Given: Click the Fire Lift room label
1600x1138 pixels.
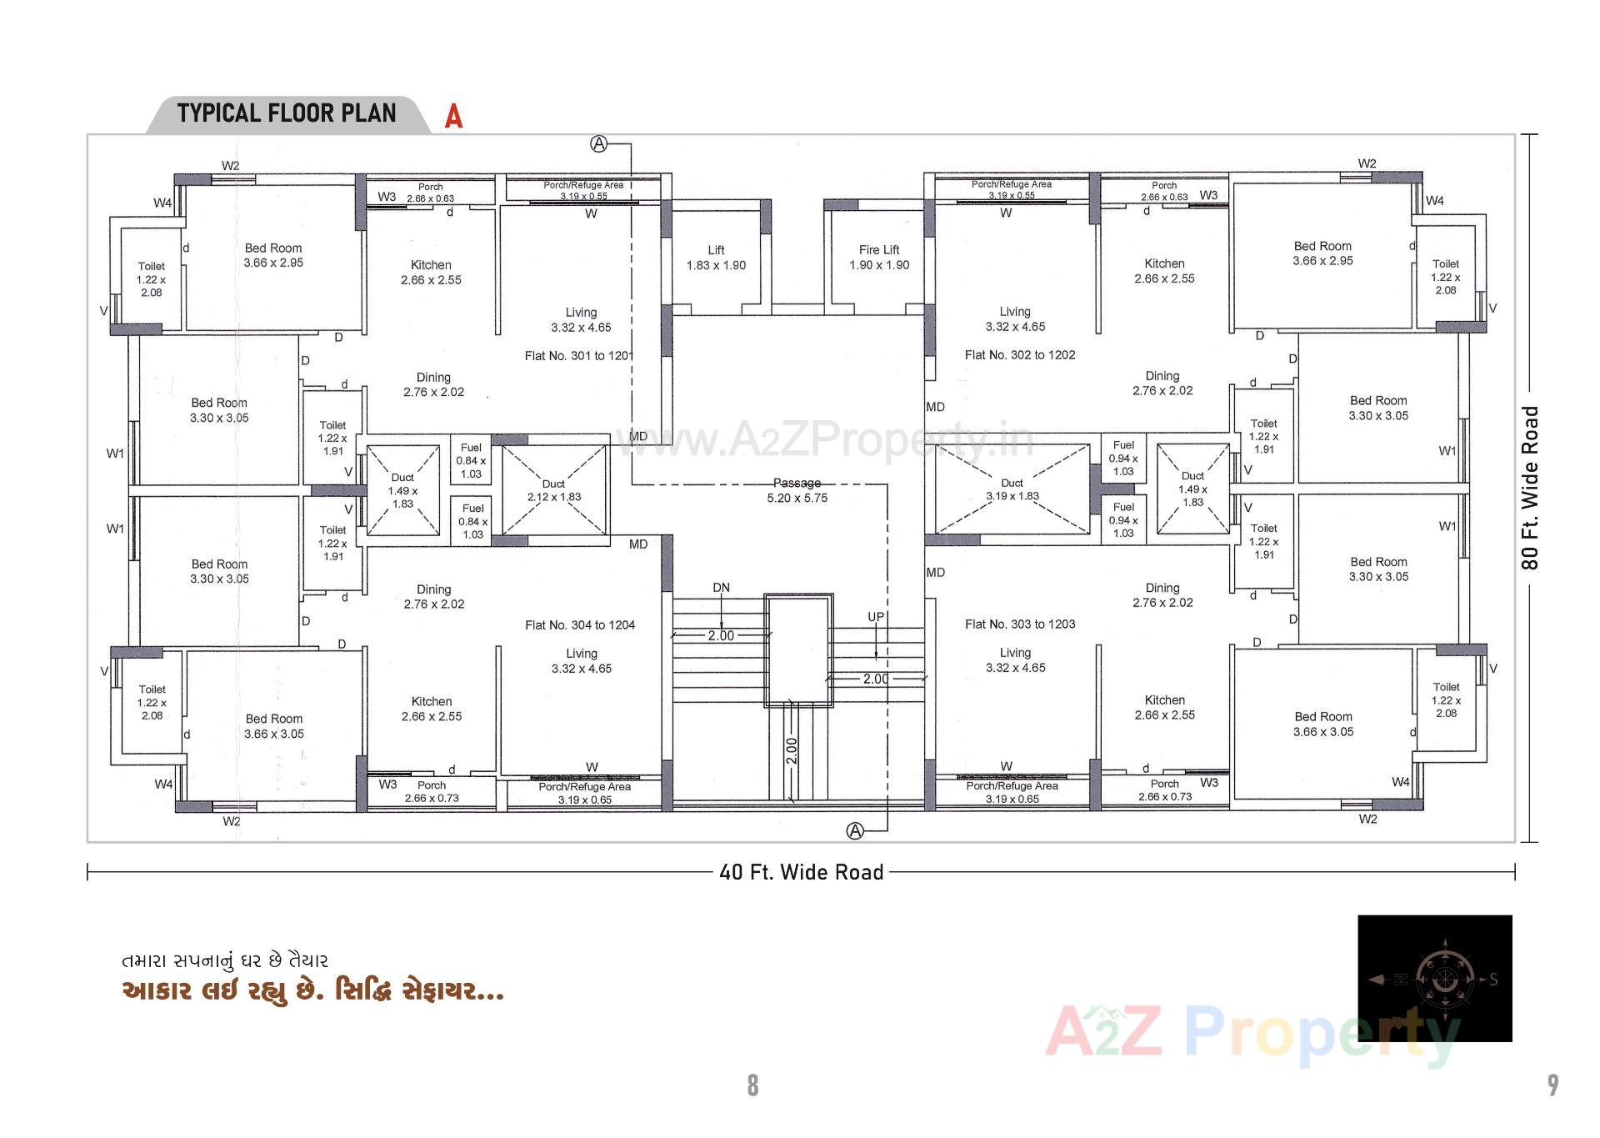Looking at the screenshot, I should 879,257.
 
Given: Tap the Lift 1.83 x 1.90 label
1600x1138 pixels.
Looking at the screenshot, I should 716,257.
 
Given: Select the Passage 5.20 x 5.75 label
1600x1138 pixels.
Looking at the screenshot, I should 797,490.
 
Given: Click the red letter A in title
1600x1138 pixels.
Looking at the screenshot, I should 453,116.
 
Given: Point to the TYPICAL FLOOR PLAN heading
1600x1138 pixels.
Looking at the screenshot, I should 287,113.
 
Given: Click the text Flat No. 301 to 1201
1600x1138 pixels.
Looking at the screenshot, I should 579,356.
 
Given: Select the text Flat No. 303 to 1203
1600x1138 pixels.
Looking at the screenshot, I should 1020,624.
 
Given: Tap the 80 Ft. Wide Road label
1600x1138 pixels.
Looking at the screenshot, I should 1530,488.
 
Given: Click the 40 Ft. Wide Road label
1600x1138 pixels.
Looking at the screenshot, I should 801,872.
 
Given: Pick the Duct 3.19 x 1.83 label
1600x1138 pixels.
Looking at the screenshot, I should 1012,489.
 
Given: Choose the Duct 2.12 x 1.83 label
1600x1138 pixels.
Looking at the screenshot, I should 553,490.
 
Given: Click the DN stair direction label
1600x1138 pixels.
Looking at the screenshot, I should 722,588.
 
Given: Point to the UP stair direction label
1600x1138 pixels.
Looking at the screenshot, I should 876,617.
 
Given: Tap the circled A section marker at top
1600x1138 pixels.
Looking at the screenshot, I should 598,144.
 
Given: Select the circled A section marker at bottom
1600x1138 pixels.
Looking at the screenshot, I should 855,830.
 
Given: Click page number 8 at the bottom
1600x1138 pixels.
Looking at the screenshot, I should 752,1085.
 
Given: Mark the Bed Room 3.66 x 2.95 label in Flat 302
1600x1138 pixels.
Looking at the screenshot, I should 1322,253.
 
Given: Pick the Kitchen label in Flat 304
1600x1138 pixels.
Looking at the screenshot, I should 432,709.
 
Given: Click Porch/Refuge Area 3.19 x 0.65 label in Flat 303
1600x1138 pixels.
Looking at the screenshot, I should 1012,792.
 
